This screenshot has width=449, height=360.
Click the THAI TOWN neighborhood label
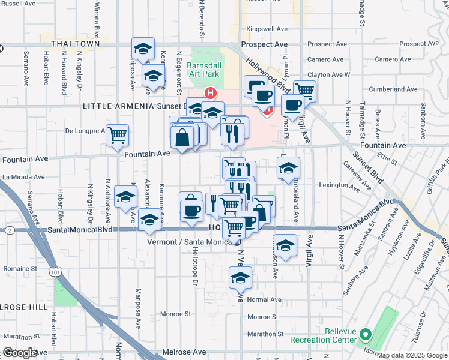pyautogui.click(x=74, y=44)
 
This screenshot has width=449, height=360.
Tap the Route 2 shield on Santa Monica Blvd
pyautogui.click(x=10, y=230)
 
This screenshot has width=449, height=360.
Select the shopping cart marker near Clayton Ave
pyautogui.click(x=305, y=91)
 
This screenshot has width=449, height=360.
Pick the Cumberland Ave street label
pyautogui.click(x=393, y=89)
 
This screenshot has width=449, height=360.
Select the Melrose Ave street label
pyautogui.click(x=184, y=352)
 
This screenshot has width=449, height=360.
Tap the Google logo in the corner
pyautogui.click(x=20, y=353)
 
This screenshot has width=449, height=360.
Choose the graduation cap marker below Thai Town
pyautogui.click(x=143, y=50)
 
